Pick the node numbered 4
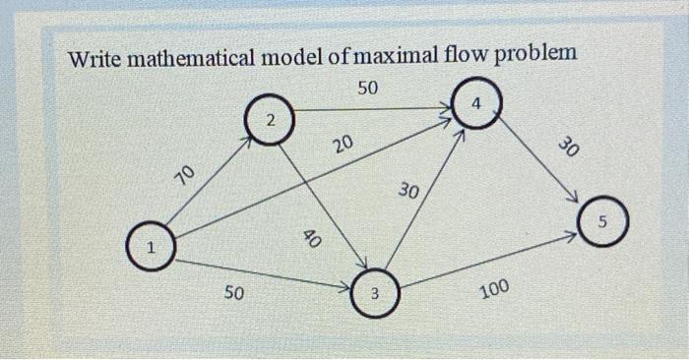pos(476,102)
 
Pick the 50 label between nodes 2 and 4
pos(367,88)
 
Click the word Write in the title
pos(96,56)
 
